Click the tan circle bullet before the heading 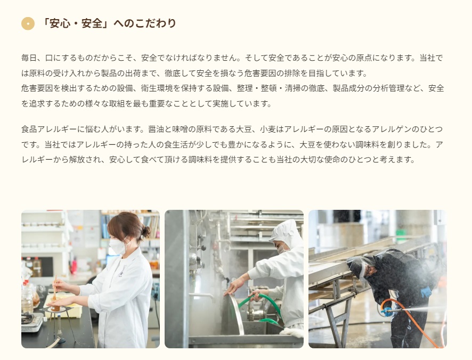[x=28, y=23]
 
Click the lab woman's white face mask [x=118, y=247]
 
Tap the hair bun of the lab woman [x=145, y=232]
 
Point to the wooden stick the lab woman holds [x=54, y=288]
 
